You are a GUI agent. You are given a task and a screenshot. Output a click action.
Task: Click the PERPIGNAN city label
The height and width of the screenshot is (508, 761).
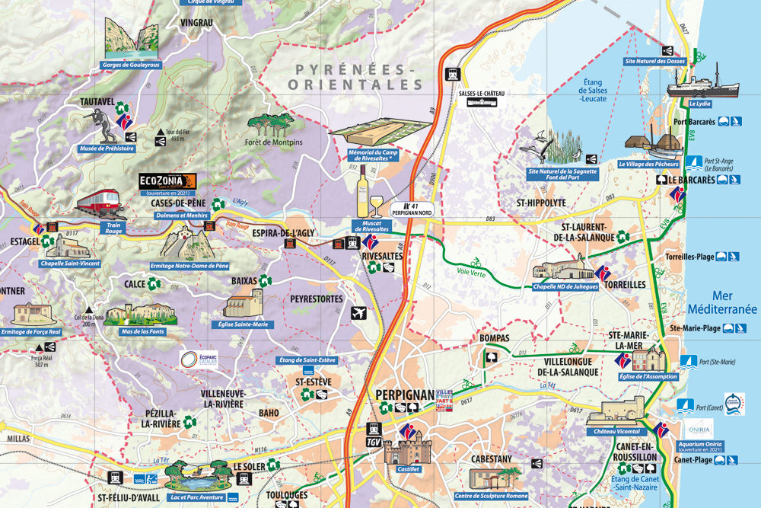(x=404, y=395)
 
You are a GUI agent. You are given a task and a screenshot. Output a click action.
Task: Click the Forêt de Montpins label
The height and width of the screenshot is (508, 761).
(x=274, y=142)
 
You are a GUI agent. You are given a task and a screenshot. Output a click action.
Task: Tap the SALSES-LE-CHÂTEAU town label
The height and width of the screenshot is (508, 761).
(x=482, y=94)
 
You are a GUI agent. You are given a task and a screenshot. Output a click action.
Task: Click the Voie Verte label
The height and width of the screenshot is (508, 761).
(x=471, y=270)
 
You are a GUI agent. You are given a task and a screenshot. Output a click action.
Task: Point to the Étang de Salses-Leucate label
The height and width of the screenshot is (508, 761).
(x=593, y=91)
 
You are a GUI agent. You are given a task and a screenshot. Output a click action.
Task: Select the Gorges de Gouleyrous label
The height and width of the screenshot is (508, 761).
(x=131, y=65)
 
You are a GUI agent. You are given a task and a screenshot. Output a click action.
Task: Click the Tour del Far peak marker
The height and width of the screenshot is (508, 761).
(x=161, y=132)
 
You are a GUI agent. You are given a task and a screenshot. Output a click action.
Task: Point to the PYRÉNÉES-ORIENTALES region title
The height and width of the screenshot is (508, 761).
(x=358, y=78)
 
